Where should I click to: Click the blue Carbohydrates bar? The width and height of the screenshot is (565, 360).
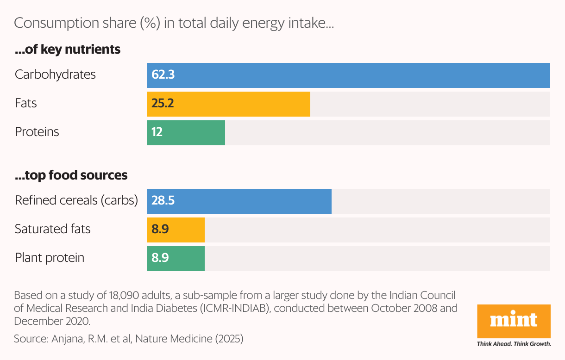[x=348, y=75]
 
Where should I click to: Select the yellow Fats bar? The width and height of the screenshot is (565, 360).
[x=228, y=104]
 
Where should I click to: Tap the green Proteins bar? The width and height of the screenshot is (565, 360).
[x=186, y=133]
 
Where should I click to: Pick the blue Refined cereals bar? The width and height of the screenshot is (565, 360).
[x=239, y=201]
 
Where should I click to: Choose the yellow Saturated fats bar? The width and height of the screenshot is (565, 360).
[x=176, y=230]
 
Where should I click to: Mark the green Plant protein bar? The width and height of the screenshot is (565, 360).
[x=176, y=259]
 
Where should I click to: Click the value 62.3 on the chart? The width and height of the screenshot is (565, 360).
[x=163, y=75]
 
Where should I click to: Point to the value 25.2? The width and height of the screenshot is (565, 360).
[x=163, y=104]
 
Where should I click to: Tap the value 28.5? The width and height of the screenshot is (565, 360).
[x=163, y=201]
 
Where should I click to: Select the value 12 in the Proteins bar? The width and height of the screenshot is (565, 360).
[x=157, y=132]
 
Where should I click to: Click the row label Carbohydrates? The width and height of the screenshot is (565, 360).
[x=55, y=74]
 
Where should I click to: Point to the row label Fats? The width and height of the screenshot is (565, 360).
[x=26, y=103]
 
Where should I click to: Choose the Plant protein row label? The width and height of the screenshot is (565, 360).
[x=50, y=258]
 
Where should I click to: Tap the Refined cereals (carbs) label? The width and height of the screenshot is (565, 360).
[x=76, y=200]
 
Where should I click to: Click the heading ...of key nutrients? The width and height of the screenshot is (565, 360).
[x=68, y=50]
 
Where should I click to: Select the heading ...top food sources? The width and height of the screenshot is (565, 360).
[x=71, y=175]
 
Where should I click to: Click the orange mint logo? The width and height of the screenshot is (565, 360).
[x=514, y=321]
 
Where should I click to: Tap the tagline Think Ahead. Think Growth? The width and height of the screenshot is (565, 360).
[x=514, y=344]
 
